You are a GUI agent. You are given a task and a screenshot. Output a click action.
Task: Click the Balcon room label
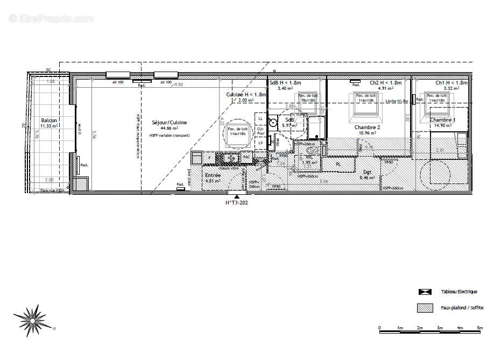pyautogui.click(x=49, y=120)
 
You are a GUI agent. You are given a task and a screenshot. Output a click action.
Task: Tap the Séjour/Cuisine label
pyautogui.click(x=170, y=123)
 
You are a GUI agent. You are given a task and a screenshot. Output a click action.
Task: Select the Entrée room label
pyautogui.click(x=213, y=175)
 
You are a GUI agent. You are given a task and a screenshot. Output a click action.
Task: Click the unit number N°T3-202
pyautogui.click(x=237, y=203)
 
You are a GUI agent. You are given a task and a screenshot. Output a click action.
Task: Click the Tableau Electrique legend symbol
pyautogui.click(x=425, y=292)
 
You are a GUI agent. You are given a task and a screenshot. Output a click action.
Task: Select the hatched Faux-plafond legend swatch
pyautogui.click(x=425, y=308)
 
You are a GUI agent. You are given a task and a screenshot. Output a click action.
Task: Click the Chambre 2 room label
pyautogui.click(x=368, y=127)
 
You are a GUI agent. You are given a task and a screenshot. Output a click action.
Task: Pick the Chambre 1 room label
pyautogui.click(x=442, y=119)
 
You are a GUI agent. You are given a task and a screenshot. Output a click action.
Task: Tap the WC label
pyautogui.click(x=309, y=157)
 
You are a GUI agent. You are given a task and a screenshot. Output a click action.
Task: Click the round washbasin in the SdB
pyautogui.click(x=273, y=123)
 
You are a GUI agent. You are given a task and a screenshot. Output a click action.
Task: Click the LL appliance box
pyautogui.click(x=261, y=118)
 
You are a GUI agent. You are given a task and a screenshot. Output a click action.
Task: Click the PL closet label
pyautogui.click(x=338, y=164)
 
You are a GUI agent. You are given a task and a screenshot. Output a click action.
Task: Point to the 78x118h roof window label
pyautogui.click(x=308, y=101)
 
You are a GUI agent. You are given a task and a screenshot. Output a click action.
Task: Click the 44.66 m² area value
pyautogui.click(x=169, y=129)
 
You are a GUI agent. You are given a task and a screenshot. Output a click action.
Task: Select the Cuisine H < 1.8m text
pyautogui.click(x=246, y=94)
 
